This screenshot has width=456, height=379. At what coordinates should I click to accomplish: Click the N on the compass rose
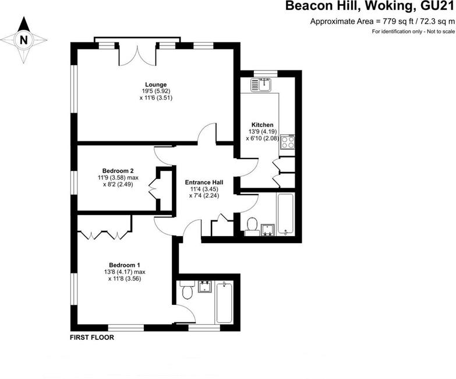tap(23, 40)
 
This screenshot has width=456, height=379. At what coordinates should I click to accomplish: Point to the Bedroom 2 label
tap(118, 171)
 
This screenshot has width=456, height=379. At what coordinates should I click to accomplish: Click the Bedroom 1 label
tap(125, 265)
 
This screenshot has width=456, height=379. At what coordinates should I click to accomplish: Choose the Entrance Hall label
tap(204, 183)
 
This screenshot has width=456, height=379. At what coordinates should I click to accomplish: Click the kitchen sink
tap(261, 85)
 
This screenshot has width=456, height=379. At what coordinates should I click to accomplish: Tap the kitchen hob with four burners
tap(287, 142)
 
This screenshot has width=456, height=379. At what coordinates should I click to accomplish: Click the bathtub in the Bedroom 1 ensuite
tap(224, 303)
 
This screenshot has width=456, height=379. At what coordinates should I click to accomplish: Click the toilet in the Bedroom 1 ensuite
tap(186, 290)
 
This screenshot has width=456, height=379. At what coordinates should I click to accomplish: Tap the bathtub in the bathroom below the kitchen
tap(286, 213)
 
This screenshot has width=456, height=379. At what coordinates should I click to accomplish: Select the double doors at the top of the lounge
tap(137, 55)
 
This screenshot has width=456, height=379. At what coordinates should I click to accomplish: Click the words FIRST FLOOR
tap(92, 338)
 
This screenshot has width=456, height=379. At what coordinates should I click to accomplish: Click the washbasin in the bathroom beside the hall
tap(268, 230)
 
